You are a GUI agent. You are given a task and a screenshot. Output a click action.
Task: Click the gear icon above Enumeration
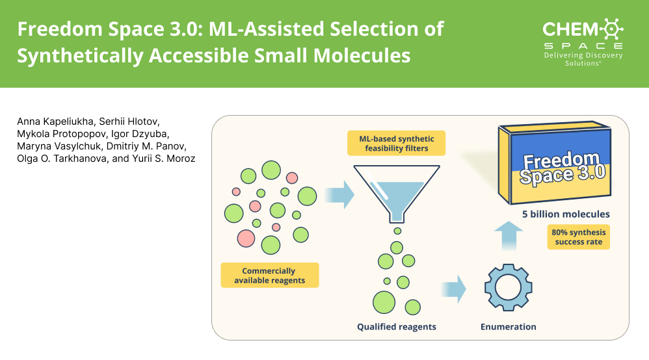pyautogui.click(x=509, y=289)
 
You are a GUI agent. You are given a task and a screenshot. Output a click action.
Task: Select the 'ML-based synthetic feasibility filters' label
pyautogui.click(x=396, y=144)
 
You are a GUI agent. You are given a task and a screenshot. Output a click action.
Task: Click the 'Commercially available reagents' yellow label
pyautogui.click(x=269, y=276)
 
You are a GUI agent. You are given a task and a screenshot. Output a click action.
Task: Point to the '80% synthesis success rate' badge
pyautogui.click(x=578, y=237)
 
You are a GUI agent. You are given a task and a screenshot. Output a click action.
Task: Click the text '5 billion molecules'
pyautogui.click(x=566, y=214)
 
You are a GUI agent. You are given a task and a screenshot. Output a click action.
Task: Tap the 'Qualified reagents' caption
pyautogui.click(x=397, y=326)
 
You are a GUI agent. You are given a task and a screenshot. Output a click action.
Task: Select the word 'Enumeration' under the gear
pyautogui.click(x=509, y=326)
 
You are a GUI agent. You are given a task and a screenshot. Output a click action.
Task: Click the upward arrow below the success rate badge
pyautogui.click(x=509, y=235)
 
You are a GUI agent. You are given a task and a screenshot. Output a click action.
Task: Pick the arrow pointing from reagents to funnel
pyautogui.click(x=339, y=192)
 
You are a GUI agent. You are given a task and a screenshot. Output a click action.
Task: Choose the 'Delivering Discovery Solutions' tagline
pyautogui.click(x=583, y=59)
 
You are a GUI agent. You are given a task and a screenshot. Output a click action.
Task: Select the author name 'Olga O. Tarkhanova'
pyautogui.click(x=55, y=159)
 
